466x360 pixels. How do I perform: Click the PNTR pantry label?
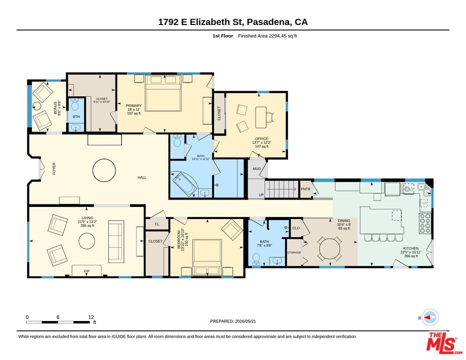coord(305,189)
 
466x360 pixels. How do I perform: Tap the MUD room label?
coord(256,169)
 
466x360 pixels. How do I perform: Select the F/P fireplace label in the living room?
coord(87,271)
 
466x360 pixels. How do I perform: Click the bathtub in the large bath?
coord(183,184)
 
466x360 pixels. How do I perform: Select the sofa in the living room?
coord(116,241)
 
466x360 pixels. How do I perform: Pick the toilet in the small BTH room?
coord(75,104)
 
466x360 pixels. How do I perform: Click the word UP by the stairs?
coord(261,195)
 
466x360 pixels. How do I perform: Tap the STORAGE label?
coord(294,252)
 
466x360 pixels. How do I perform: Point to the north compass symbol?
coord(430,317)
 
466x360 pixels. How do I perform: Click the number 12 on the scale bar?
coord(91,317)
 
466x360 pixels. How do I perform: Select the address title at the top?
coord(232,22)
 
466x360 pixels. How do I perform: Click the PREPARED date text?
coord(233,321)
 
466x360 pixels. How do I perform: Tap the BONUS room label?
coord(55,108)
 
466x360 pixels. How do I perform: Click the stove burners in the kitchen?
coord(425,223)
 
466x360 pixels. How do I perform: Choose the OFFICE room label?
coord(261,139)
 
